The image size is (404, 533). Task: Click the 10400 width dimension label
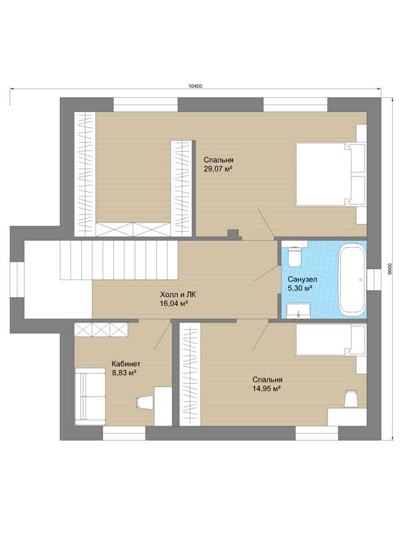195,87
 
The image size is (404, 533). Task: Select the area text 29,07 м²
218,169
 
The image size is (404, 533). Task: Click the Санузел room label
302,279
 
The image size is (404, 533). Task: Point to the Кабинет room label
126,364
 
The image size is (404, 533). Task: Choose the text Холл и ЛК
178,294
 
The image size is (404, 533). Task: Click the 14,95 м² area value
266,389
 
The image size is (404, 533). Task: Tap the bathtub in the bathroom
353,280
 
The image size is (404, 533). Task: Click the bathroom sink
298,311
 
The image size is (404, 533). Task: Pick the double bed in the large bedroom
330,175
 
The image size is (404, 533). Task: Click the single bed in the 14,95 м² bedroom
331,340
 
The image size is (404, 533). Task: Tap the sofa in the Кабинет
91,396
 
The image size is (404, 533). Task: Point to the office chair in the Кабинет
143,402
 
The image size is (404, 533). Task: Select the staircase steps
119,260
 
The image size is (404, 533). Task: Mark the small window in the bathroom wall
374,280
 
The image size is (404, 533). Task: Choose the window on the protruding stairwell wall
17,280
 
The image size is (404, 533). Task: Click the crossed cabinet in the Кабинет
101,329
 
